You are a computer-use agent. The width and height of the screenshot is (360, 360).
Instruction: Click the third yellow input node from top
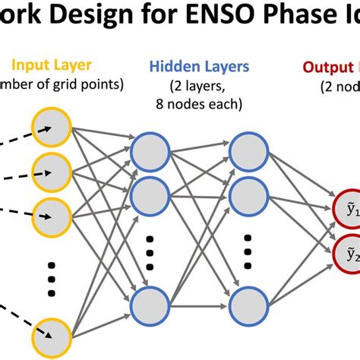click(50, 215)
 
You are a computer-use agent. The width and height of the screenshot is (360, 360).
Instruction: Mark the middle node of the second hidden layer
click(248, 195)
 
